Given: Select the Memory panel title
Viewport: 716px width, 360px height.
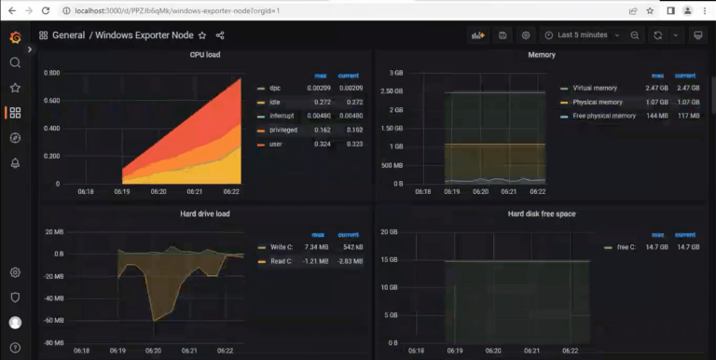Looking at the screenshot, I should pyautogui.click(x=542, y=55).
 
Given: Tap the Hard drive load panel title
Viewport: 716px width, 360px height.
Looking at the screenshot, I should pyautogui.click(x=204, y=214).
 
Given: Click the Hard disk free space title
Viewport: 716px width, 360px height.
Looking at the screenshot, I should pyautogui.click(x=542, y=214).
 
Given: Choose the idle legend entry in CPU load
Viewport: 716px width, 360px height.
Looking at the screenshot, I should pyautogui.click(x=275, y=102).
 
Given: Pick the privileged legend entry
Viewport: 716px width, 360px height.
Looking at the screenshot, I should pyautogui.click(x=283, y=130).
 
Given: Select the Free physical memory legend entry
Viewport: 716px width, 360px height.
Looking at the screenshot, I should pyautogui.click(x=604, y=116).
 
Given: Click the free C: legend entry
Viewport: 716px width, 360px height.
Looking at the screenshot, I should pyautogui.click(x=626, y=247).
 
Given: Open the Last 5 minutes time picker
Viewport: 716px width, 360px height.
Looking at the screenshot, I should pyautogui.click(x=582, y=35).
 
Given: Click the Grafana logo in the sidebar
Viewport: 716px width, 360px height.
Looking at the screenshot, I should pyautogui.click(x=15, y=37).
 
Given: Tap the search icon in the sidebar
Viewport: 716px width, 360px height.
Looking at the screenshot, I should pyautogui.click(x=15, y=62).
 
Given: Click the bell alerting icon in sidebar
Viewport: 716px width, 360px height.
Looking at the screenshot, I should pyautogui.click(x=15, y=163).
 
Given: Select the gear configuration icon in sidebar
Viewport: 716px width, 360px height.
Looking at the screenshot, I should pyautogui.click(x=15, y=272).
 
